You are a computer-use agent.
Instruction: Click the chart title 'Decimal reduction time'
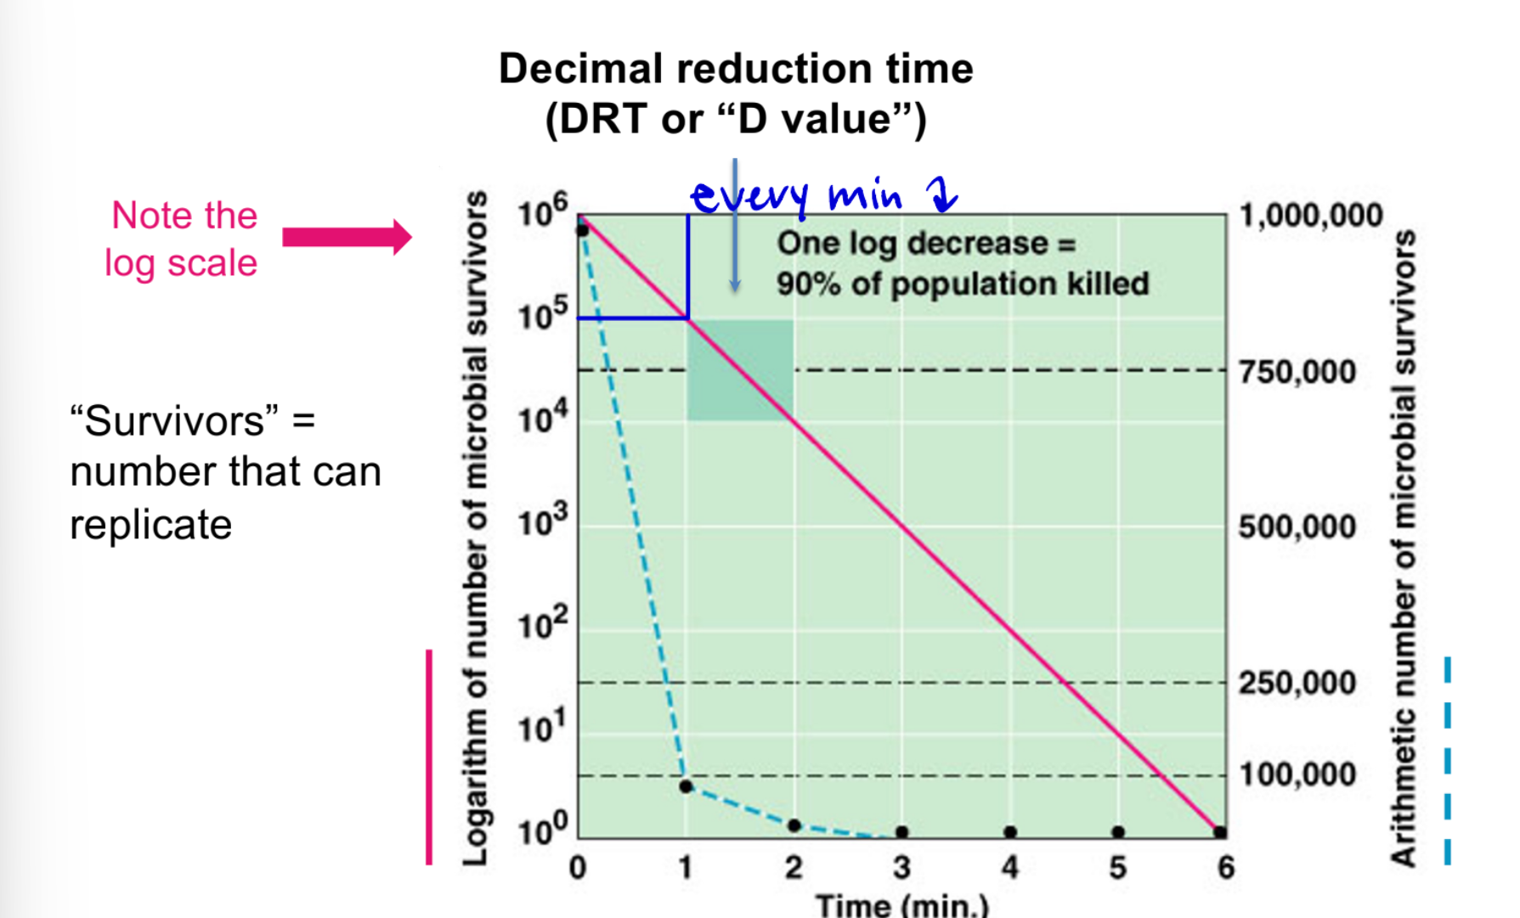coord(735,69)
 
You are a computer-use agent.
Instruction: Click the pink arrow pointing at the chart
coord(347,237)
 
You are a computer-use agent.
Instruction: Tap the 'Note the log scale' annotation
coord(182,239)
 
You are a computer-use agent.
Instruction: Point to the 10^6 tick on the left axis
coord(542,211)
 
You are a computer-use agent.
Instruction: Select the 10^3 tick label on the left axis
coord(542,521)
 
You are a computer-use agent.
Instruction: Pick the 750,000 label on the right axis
coord(1297,372)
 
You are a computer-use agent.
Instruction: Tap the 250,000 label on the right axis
coord(1297,683)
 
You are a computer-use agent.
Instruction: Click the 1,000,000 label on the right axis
coord(1310,216)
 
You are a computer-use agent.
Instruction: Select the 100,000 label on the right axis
coord(1297,774)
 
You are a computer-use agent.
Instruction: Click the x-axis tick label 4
coord(1009,868)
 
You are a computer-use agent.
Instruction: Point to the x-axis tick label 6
coord(1225,868)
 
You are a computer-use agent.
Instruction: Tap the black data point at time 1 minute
coord(686,787)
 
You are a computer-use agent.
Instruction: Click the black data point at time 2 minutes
coord(794,825)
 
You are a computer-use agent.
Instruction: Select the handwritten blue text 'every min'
coord(794,196)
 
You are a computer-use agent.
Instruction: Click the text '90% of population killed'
coord(962,284)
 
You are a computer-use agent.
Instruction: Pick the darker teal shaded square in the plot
coord(740,370)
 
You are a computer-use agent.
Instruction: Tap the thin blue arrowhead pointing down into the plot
coord(735,286)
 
